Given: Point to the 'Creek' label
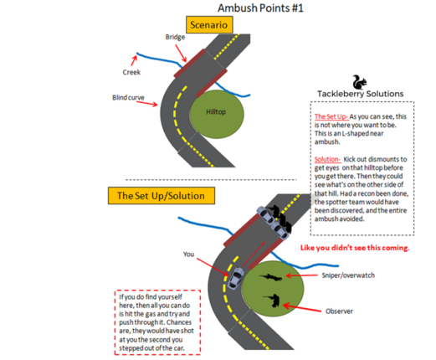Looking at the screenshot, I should click(120, 73).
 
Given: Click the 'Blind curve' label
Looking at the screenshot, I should click(128, 98).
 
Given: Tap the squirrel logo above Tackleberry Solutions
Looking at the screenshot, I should click(359, 81).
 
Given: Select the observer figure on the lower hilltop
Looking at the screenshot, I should click(272, 301).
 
